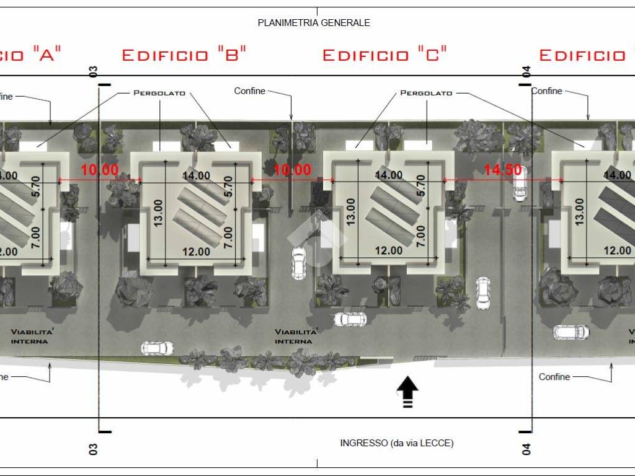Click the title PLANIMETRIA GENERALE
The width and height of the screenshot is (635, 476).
(314, 23)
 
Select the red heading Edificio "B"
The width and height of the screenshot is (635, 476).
(184, 54)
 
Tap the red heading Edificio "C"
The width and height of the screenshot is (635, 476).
(384, 54)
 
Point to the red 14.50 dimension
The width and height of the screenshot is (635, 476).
(503, 169)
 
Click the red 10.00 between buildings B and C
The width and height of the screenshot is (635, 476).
(293, 170)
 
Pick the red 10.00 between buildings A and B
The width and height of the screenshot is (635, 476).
(100, 170)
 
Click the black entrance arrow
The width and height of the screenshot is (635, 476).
(407, 392)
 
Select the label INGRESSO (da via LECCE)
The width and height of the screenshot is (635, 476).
(397, 443)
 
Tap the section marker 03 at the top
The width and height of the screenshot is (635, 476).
(93, 72)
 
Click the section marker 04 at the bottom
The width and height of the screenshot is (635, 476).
(526, 449)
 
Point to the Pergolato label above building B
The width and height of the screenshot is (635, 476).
(159, 93)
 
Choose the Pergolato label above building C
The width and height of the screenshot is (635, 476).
(426, 93)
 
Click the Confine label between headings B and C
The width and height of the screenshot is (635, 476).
(249, 91)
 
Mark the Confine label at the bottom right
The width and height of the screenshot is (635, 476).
(554, 377)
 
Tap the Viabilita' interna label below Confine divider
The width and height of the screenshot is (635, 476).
(296, 337)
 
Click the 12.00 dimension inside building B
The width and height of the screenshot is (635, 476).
(196, 252)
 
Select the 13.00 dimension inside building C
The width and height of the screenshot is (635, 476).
(351, 212)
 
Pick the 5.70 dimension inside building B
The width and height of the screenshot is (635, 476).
(228, 186)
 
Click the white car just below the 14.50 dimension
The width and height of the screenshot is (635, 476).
(520, 189)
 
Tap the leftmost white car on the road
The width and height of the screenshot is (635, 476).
(158, 348)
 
